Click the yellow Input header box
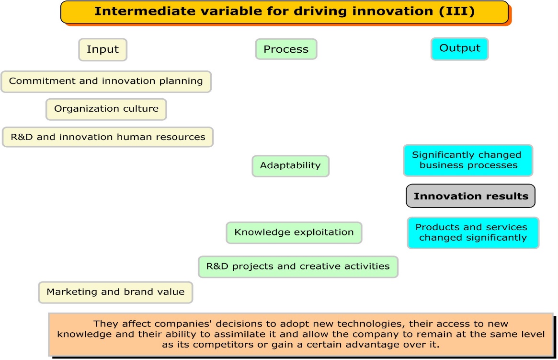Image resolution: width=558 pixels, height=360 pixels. [x=102, y=49]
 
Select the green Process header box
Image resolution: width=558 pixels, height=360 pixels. [x=286, y=49]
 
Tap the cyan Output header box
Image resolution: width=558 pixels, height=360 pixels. [x=459, y=48]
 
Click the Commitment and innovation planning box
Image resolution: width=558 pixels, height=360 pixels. [x=106, y=81]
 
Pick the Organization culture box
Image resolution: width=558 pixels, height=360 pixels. [x=106, y=109]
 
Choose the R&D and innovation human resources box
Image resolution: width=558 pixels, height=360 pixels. [x=108, y=137]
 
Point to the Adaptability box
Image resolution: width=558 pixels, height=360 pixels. [x=290, y=166]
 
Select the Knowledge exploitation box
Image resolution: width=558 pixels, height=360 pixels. [x=294, y=232]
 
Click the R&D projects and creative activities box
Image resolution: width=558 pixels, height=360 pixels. [x=298, y=267]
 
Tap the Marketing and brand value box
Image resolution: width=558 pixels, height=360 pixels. [x=115, y=292]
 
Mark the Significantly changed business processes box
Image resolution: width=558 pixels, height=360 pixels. [x=467, y=161]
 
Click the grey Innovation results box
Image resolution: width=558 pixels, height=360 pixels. [x=470, y=196]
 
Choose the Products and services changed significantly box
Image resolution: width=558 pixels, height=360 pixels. [x=473, y=232]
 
